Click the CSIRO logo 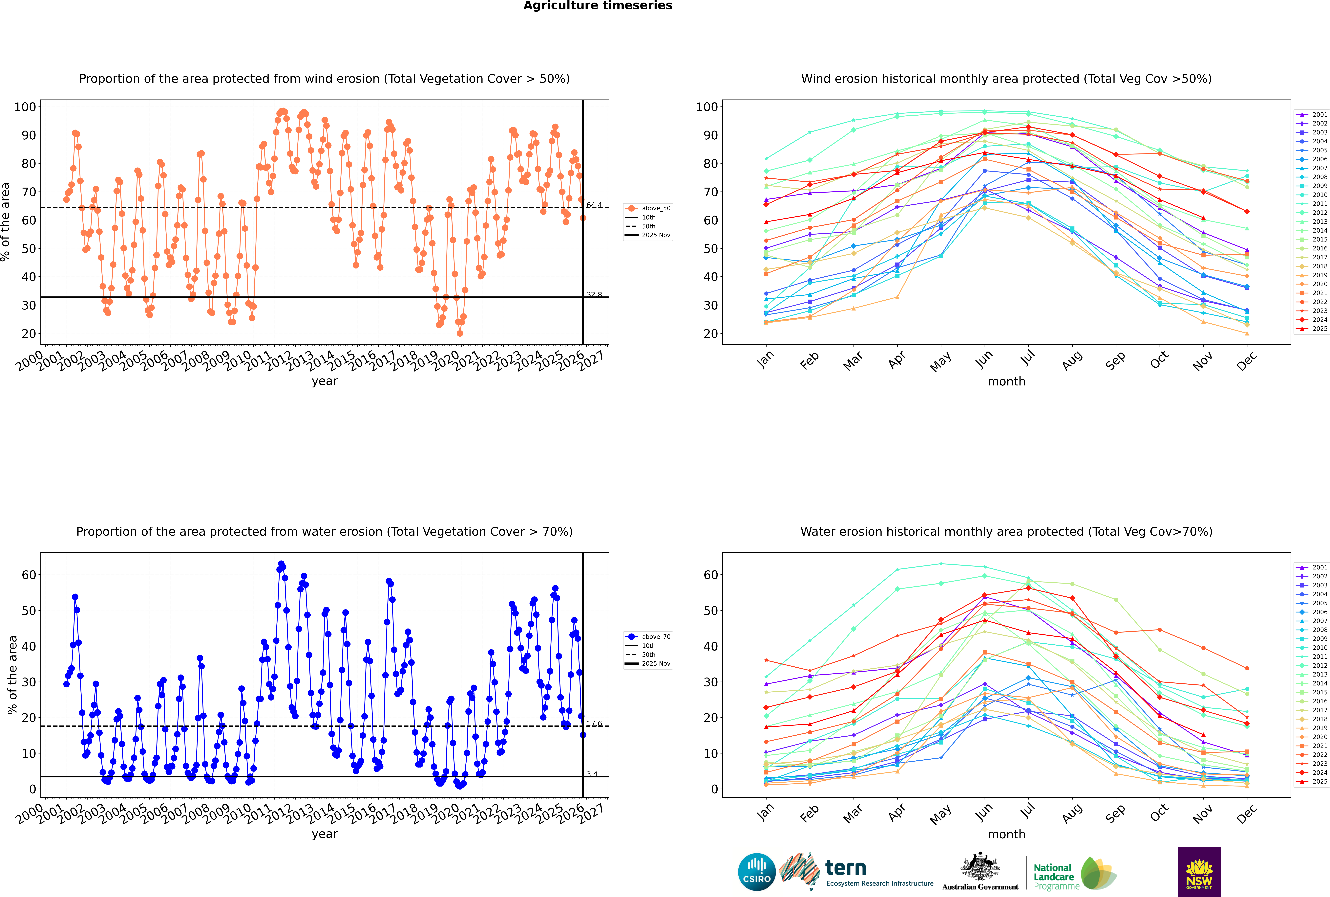[756, 872]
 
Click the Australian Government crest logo [980, 872]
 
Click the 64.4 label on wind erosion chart [594, 205]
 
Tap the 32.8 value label [594, 295]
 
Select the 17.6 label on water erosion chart [594, 724]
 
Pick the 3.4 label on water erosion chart [592, 774]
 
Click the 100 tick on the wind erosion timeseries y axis [25, 107]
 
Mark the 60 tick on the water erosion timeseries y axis [29, 575]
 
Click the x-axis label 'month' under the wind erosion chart [1006, 382]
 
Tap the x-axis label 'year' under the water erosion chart [324, 834]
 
